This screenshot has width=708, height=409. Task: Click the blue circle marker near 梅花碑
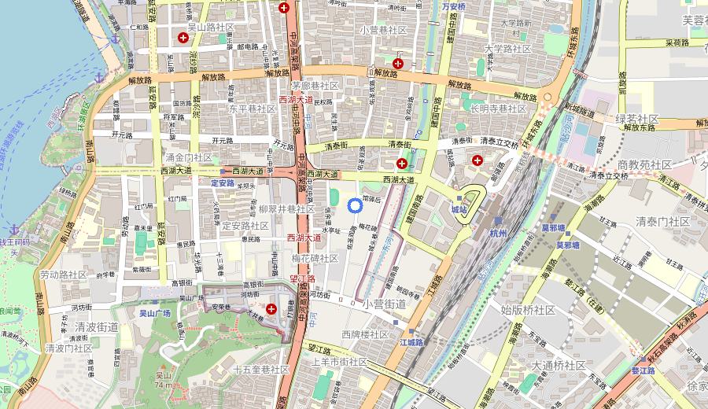[354, 206]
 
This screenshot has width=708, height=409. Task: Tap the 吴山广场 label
[155, 313]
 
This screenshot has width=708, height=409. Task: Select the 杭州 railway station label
[499, 234]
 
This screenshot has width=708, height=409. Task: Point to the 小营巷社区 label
[383, 30]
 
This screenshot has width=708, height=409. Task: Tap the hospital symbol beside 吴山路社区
[183, 38]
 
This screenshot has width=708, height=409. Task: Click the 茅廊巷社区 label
[315, 86]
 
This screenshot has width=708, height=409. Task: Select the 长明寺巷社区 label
[498, 109]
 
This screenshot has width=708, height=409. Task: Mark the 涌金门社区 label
[188, 157]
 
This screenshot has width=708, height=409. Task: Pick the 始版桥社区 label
[529, 311]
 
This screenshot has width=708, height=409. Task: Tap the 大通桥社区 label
[559, 366]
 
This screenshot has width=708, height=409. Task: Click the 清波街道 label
[97, 327]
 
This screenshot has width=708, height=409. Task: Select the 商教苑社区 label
[644, 164]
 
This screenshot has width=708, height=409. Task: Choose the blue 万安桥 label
[453, 7]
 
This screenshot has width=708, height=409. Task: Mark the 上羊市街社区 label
[339, 362]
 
